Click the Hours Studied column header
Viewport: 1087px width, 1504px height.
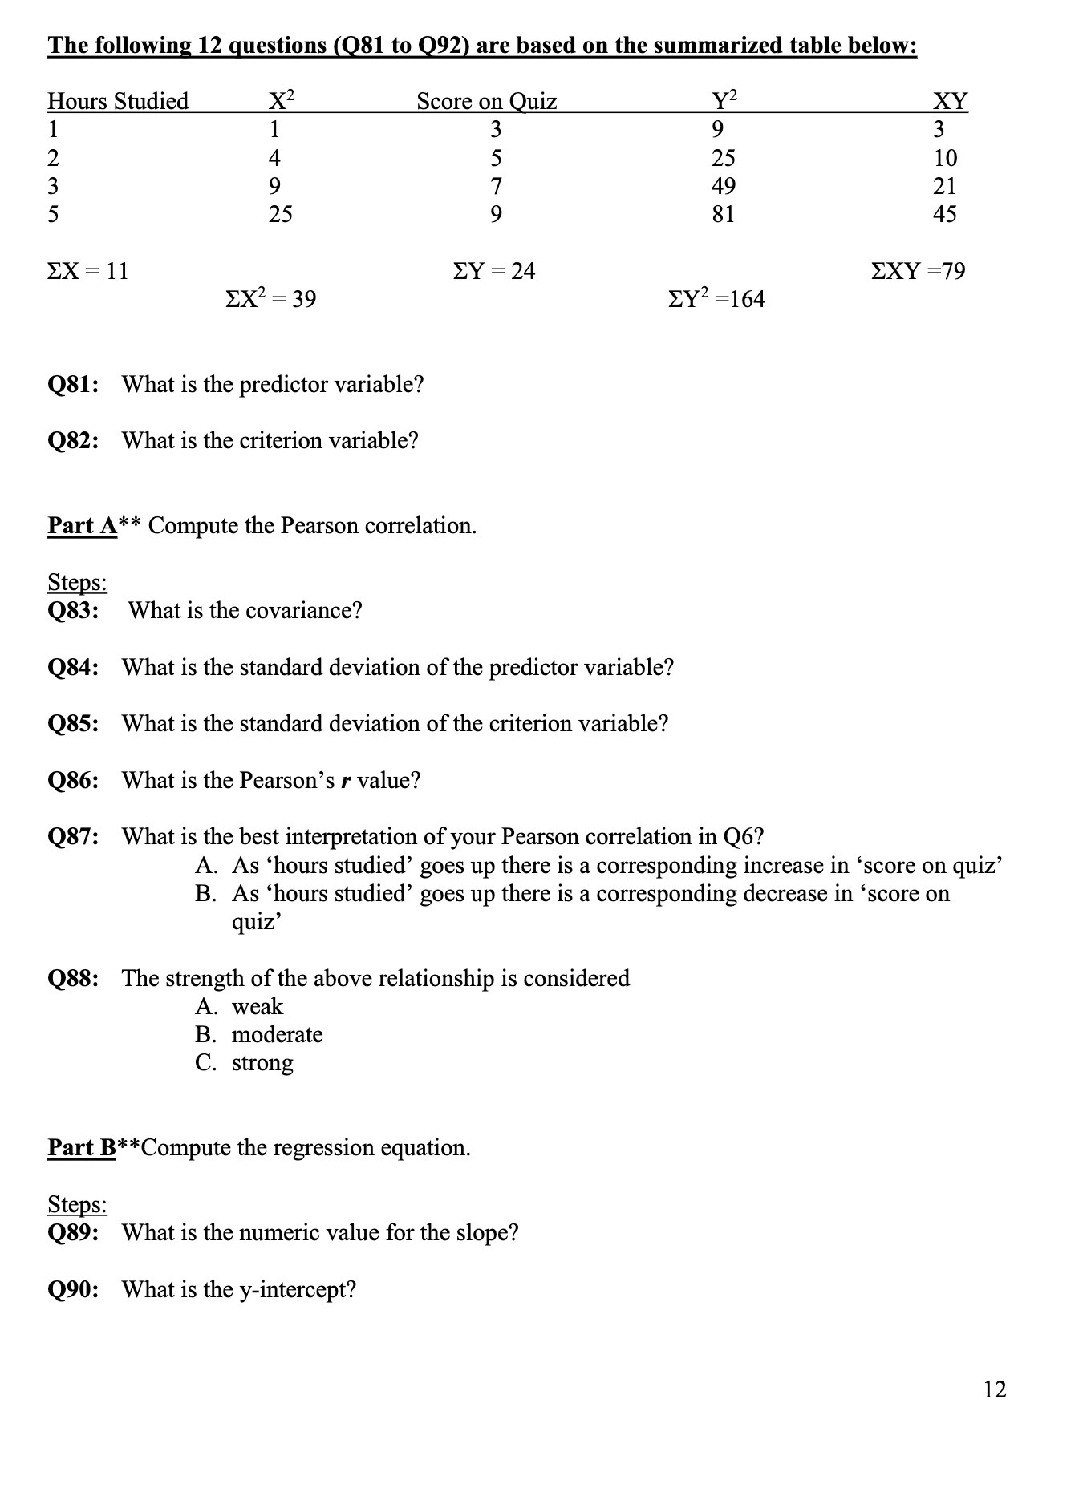click(118, 101)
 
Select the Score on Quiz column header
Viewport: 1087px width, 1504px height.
click(486, 101)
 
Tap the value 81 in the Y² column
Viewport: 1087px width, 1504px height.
click(723, 214)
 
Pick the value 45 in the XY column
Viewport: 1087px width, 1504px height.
click(945, 214)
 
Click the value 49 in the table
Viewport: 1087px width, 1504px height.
click(723, 186)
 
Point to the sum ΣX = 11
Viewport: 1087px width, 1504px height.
click(88, 271)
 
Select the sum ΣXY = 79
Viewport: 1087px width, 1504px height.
click(918, 271)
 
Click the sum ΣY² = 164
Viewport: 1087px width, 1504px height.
click(716, 299)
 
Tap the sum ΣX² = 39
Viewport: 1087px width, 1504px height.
click(271, 299)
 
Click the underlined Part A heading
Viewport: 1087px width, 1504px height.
click(83, 526)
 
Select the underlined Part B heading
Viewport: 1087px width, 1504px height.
click(83, 1148)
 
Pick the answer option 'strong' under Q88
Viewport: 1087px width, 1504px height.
click(262, 1063)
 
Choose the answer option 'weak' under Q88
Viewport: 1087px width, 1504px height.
click(258, 1007)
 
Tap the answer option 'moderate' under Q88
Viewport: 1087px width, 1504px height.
click(277, 1035)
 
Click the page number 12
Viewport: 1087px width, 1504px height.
click(994, 1389)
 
